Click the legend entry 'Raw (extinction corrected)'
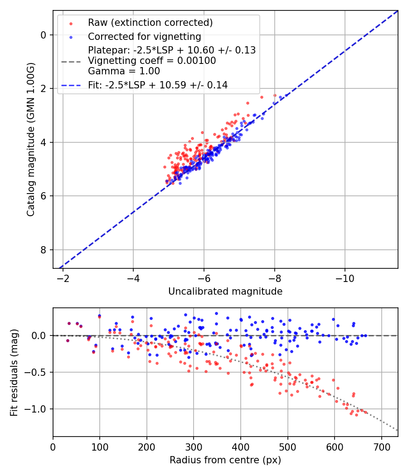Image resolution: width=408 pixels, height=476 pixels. click(150, 23)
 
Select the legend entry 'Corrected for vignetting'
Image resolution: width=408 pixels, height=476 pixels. click(144, 36)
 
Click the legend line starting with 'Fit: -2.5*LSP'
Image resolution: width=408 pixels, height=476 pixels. click(158, 85)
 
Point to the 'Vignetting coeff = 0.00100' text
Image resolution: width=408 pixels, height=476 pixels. click(152, 61)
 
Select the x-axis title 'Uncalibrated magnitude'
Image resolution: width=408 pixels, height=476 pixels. click(225, 291)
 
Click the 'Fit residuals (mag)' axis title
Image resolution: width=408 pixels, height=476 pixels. click(14, 373)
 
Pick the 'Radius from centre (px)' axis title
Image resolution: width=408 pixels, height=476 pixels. click(225, 460)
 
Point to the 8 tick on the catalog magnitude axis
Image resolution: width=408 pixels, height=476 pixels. click(44, 250)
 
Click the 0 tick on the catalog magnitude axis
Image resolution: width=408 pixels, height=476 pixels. click(44, 35)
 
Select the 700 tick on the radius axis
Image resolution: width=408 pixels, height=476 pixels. click(381, 446)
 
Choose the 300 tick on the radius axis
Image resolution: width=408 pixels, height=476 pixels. click(194, 446)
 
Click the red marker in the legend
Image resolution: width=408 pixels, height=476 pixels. click(71, 23)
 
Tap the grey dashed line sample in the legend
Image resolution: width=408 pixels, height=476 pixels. click(71, 61)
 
